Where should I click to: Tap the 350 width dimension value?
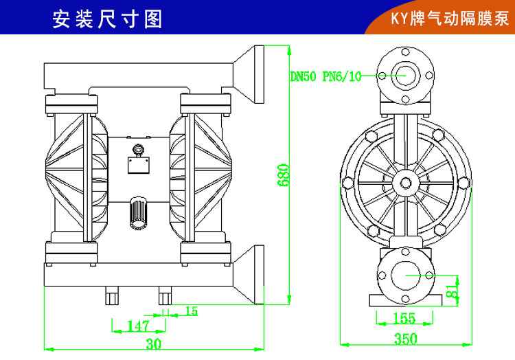coord(406,338)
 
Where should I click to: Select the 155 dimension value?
coord(406,318)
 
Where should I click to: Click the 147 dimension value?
coord(138,326)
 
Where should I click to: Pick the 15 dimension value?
coord(191,311)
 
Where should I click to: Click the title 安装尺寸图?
coord(107,19)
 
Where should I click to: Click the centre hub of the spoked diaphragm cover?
coord(406,182)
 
